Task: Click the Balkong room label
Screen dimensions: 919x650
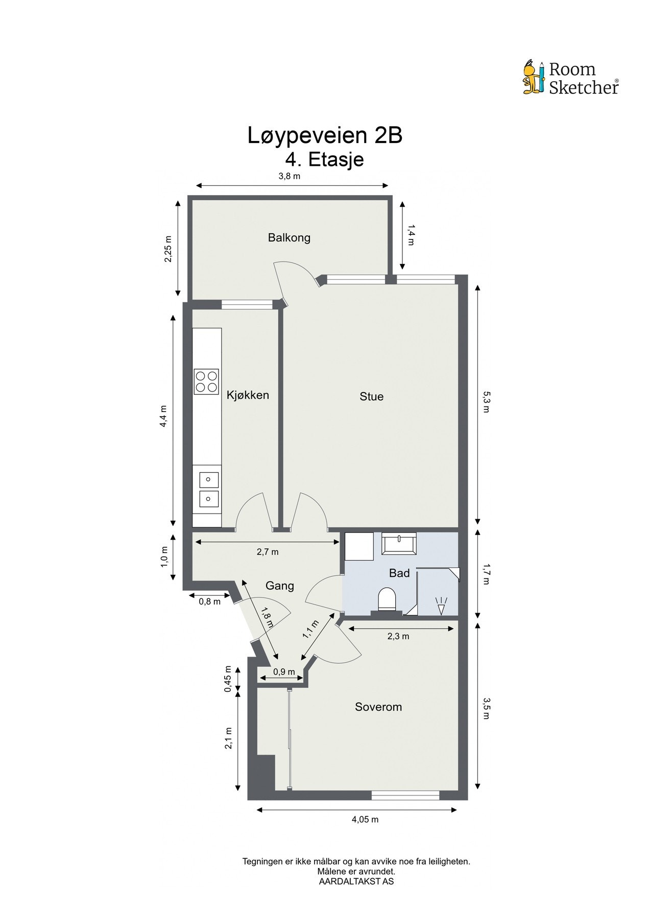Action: [289, 237]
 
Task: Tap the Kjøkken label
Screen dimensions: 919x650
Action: [248, 395]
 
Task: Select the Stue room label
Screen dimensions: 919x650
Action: [371, 396]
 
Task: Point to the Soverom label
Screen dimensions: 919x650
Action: [378, 707]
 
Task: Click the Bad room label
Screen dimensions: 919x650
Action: [399, 573]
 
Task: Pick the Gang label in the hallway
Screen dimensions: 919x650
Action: [279, 586]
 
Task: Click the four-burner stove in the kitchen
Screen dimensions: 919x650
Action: [206, 381]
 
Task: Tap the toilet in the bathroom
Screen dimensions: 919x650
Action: [387, 599]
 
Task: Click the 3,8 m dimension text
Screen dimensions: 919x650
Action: [289, 177]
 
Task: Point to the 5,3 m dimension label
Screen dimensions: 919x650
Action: [486, 402]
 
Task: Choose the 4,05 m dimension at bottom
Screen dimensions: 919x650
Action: [365, 819]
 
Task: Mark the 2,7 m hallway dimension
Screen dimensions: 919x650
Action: [268, 552]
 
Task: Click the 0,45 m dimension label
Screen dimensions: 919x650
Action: [228, 680]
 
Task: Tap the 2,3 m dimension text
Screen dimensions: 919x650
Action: [398, 636]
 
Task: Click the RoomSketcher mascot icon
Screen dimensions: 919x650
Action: [534, 78]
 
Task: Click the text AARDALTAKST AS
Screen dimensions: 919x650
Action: [356, 881]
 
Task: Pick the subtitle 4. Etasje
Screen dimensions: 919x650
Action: [325, 159]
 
